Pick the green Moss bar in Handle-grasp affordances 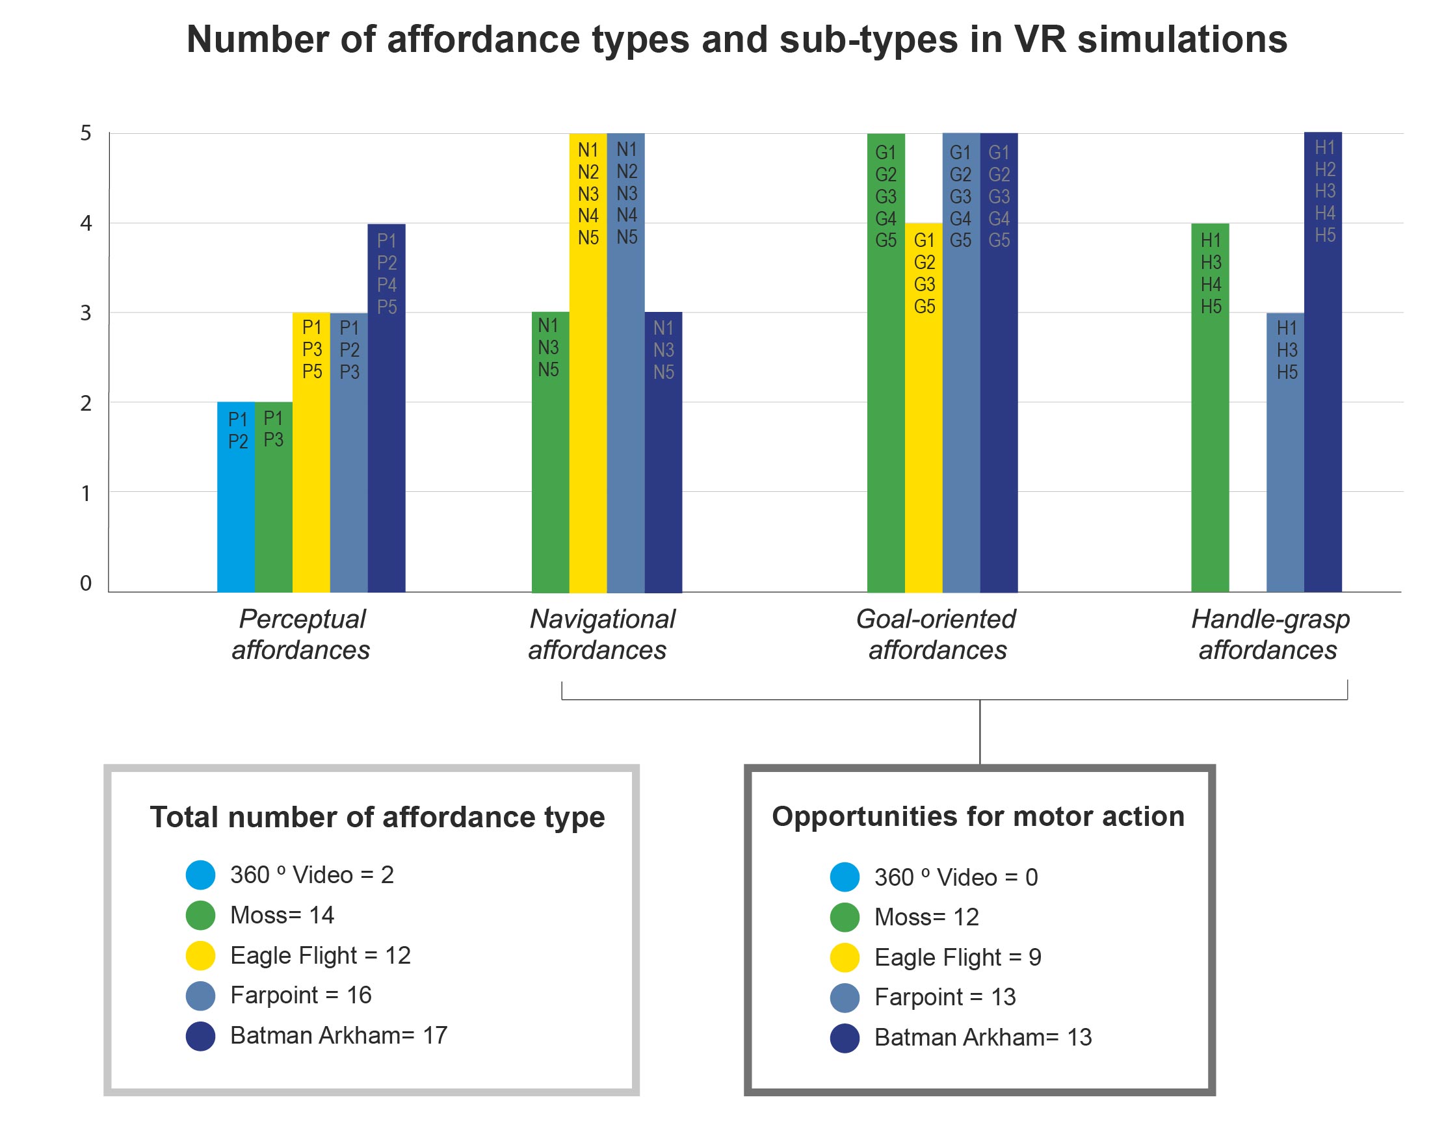1209,451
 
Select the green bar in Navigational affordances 549,477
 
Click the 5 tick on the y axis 86,133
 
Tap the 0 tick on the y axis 86,584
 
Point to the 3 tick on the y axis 86,313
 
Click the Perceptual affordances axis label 301,634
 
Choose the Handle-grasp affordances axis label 1269,634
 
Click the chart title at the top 736,40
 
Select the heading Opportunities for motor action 977,817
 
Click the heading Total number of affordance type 376,817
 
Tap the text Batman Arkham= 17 338,1035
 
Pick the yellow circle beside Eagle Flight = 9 844,958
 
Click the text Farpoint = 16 300,996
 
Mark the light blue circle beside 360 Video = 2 200,875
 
